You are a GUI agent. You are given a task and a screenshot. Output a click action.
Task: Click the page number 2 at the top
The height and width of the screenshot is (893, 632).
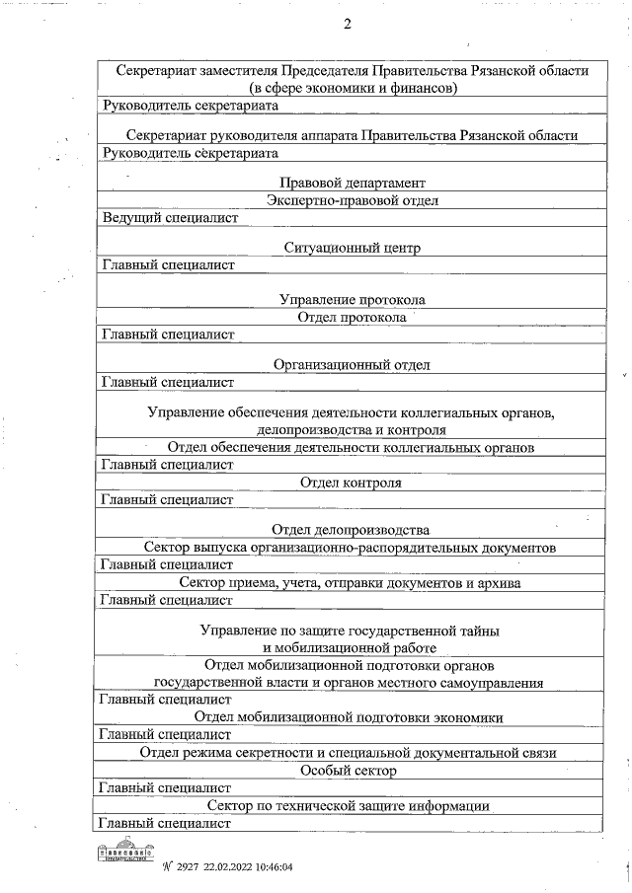(x=347, y=24)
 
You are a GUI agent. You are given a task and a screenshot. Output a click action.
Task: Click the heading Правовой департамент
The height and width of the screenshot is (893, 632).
(x=352, y=183)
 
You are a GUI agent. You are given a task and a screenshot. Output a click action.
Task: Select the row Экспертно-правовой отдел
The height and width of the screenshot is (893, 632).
(x=352, y=200)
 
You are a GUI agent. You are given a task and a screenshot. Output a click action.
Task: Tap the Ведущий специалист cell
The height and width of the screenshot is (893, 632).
(x=171, y=217)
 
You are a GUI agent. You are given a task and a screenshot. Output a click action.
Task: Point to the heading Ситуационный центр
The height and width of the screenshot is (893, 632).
(x=352, y=248)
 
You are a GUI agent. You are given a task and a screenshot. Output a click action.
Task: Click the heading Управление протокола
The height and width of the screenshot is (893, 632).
(x=352, y=299)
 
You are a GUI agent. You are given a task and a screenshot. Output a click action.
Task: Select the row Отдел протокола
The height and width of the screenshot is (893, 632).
(x=352, y=317)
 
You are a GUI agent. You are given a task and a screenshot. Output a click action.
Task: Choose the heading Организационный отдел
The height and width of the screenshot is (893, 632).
(x=352, y=364)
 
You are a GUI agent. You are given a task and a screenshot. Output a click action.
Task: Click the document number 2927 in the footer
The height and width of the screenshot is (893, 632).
(x=187, y=867)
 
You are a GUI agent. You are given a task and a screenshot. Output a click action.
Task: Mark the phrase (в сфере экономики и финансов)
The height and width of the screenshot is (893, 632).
(x=352, y=88)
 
